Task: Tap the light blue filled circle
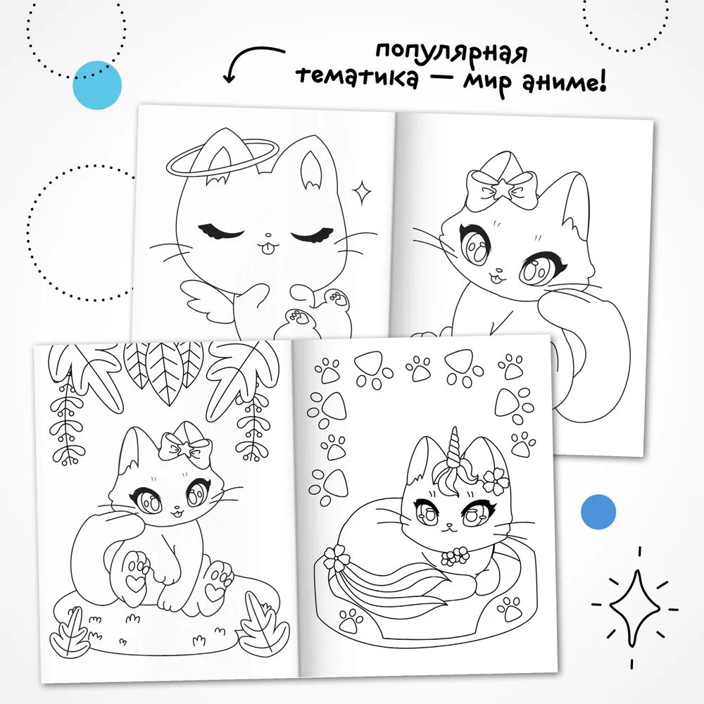pos(97,85)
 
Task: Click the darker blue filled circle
pos(598,512)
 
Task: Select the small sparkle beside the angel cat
pos(361,192)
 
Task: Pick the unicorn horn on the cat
pos(452,446)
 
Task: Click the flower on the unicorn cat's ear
pos(496,481)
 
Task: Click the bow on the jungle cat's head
pos(186,445)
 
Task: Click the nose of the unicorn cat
pos(449,524)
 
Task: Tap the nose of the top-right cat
pos(498,271)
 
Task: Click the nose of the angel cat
pos(268,235)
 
